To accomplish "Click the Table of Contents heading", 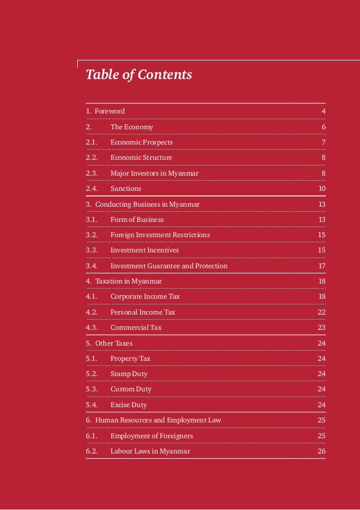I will (x=139, y=75).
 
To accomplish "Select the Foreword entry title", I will (x=109, y=111).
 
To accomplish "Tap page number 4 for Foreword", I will (x=323, y=111).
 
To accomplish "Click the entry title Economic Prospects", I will (x=142, y=142).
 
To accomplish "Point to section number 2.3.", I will (x=91, y=173).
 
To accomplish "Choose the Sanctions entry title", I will (x=126, y=189).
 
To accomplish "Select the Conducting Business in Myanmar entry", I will (x=147, y=204).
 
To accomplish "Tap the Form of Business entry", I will (x=137, y=219).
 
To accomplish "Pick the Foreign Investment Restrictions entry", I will (x=160, y=234).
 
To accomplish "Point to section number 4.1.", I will (x=91, y=296).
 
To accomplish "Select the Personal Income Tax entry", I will (x=143, y=312).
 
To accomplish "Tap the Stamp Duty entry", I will (x=129, y=373).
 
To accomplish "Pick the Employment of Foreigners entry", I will (x=152, y=435).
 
